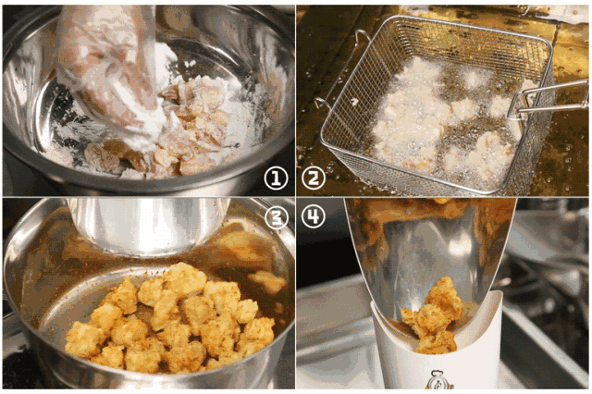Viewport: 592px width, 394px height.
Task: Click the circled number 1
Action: [x=276, y=179]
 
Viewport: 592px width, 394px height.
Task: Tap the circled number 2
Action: [x=314, y=178]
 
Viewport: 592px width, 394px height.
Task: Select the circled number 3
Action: [x=277, y=217]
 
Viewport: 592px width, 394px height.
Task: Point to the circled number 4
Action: [x=314, y=216]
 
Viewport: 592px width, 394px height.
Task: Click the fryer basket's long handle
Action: [x=548, y=99]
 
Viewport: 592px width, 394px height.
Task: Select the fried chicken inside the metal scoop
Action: [x=434, y=316]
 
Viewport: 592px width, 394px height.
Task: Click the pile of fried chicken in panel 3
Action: [x=170, y=321]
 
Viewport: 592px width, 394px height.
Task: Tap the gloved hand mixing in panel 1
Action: [x=109, y=68]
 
